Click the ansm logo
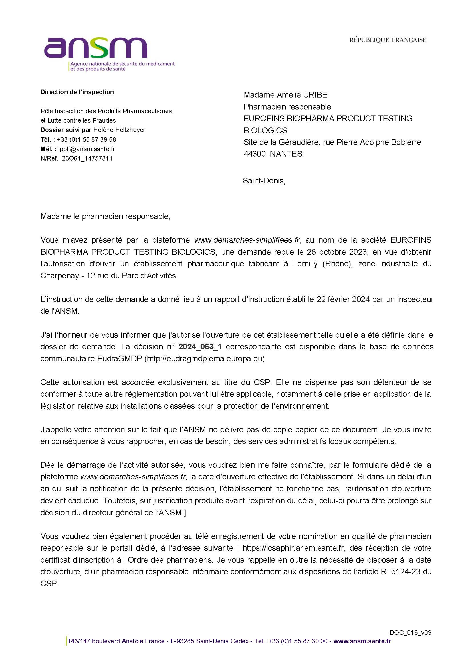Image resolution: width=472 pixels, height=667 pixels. (96, 48)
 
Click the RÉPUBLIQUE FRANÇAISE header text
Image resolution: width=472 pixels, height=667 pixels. (388, 40)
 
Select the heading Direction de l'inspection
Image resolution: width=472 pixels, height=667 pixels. (77, 92)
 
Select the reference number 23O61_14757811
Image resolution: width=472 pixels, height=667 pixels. (87, 159)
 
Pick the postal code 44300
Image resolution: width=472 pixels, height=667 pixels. (254, 154)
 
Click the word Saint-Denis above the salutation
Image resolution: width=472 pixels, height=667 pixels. (263, 181)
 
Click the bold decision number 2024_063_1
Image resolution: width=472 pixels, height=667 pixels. (200, 346)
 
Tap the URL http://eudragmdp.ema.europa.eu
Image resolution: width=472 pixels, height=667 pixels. (205, 358)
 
